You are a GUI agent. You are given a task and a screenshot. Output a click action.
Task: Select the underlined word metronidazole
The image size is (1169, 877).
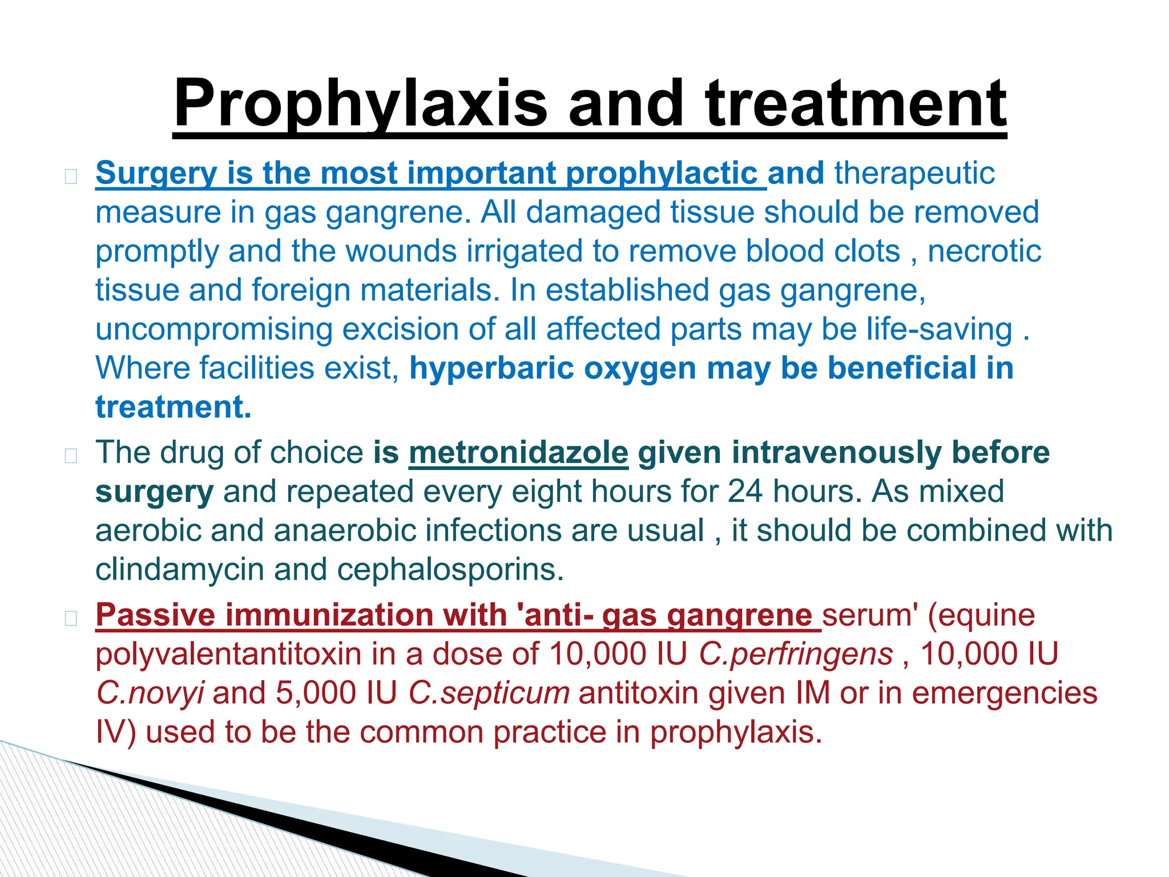click(x=518, y=453)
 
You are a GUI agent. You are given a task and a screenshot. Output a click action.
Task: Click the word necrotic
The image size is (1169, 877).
click(x=984, y=251)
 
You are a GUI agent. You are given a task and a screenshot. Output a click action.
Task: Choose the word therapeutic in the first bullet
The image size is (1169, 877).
click(x=914, y=173)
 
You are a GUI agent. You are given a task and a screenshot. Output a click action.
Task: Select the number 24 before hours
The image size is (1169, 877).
click(x=744, y=492)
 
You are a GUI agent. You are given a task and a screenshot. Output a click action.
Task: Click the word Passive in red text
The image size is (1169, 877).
click(x=155, y=615)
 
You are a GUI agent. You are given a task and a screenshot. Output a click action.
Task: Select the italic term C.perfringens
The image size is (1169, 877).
click(x=796, y=654)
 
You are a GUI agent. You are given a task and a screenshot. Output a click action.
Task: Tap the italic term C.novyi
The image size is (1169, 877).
click(x=150, y=693)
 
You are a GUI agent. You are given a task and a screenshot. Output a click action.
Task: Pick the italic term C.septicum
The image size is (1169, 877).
click(x=489, y=693)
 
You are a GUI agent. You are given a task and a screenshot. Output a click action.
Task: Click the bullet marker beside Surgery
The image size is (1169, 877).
click(x=71, y=176)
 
